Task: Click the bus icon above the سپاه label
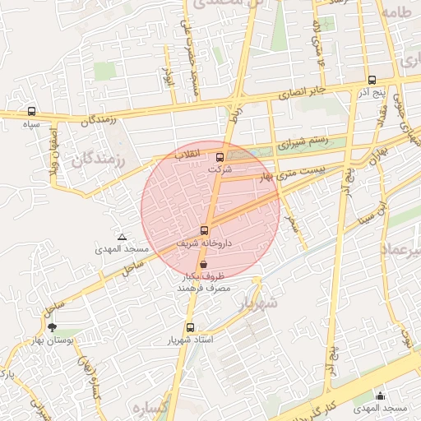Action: pos(32,111)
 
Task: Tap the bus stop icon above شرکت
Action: pos(220,157)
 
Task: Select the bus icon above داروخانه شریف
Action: pos(205,230)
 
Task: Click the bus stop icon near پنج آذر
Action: pos(372,81)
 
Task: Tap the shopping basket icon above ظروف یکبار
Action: pos(203,266)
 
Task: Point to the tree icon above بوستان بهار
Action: pos(53,327)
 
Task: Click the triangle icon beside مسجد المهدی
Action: pos(122,237)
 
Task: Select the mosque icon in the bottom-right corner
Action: pos(380,396)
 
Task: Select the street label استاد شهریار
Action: pos(191,339)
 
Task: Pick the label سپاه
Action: pos(32,123)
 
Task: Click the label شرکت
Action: pos(219,169)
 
